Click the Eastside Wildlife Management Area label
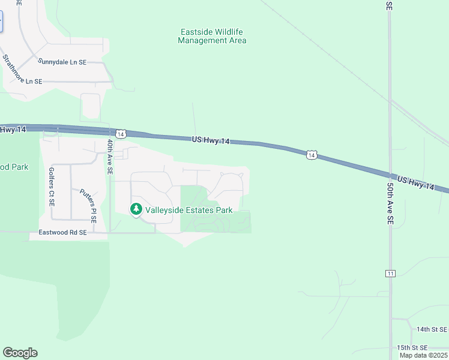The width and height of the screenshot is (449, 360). (x=212, y=36)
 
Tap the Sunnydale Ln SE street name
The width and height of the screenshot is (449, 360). (x=62, y=61)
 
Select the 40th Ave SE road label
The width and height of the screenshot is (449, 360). (x=109, y=157)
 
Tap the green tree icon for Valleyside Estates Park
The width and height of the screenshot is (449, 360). (x=136, y=209)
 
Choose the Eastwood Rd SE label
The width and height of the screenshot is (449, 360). (x=62, y=232)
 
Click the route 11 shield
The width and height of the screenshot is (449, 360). (x=391, y=274)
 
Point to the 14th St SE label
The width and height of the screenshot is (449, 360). (x=432, y=329)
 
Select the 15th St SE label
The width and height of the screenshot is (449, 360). (x=412, y=347)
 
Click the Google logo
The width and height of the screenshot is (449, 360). (x=20, y=353)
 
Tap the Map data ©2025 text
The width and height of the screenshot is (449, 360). (x=423, y=355)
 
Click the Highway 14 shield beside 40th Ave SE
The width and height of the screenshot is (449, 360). (x=121, y=133)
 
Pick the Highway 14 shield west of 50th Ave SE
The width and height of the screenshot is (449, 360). (x=311, y=155)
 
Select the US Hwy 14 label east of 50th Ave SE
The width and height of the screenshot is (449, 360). (x=415, y=183)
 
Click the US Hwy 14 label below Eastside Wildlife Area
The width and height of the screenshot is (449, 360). (x=211, y=140)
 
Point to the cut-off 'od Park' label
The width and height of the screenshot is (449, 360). (x=14, y=166)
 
